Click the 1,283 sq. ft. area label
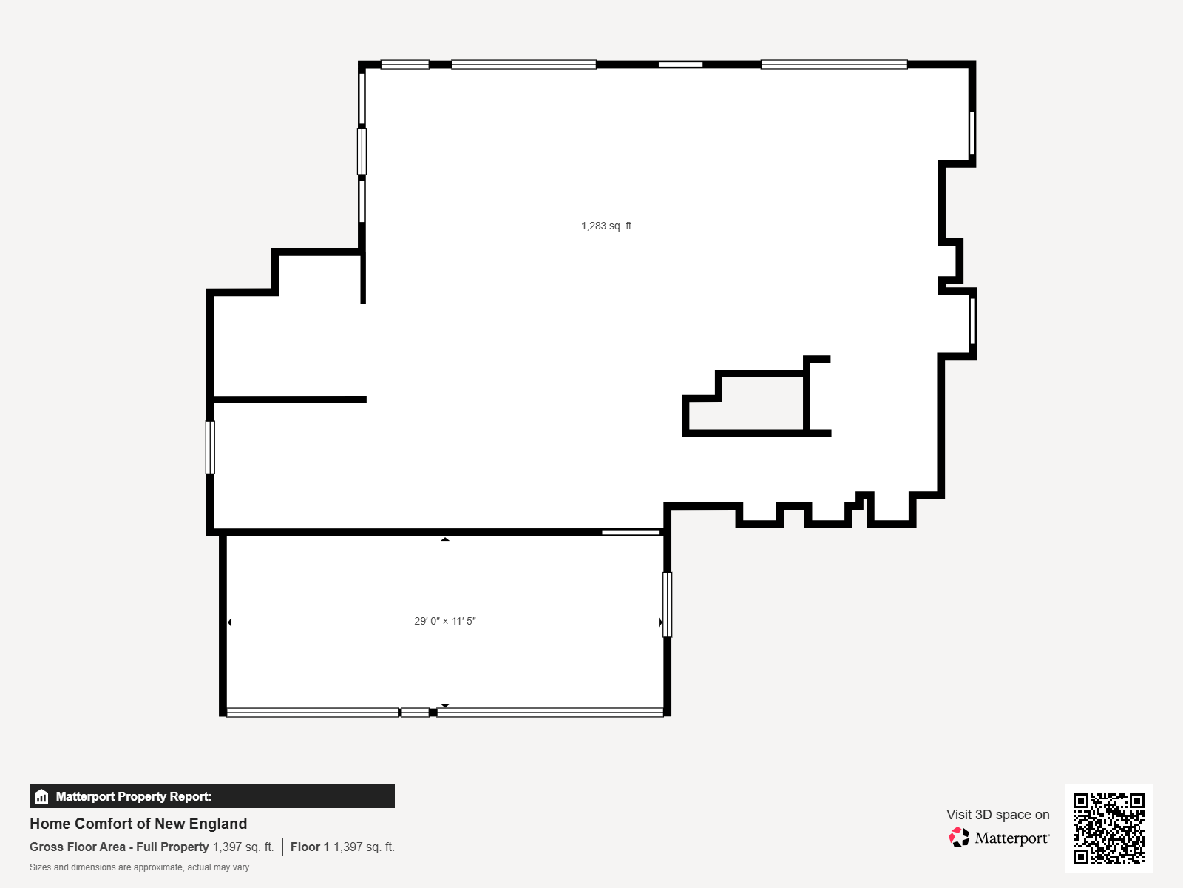click(x=607, y=226)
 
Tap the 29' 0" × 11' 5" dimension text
click(x=444, y=621)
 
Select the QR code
click(x=1108, y=828)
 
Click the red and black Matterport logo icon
click(x=959, y=838)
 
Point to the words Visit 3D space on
click(x=997, y=814)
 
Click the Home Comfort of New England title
click(x=138, y=824)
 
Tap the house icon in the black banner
click(x=41, y=796)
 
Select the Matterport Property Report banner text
click(x=134, y=796)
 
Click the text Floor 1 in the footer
click(x=310, y=847)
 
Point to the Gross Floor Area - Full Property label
click(x=119, y=847)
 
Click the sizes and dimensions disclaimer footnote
click(x=139, y=867)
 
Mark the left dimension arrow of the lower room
click(x=230, y=622)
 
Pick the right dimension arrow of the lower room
click(x=660, y=622)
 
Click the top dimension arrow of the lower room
click(x=444, y=539)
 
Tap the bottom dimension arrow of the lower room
click(x=444, y=705)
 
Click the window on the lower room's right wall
click(x=667, y=605)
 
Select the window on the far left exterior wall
click(x=210, y=448)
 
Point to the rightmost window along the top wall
click(x=834, y=64)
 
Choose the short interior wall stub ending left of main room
click(x=363, y=277)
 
